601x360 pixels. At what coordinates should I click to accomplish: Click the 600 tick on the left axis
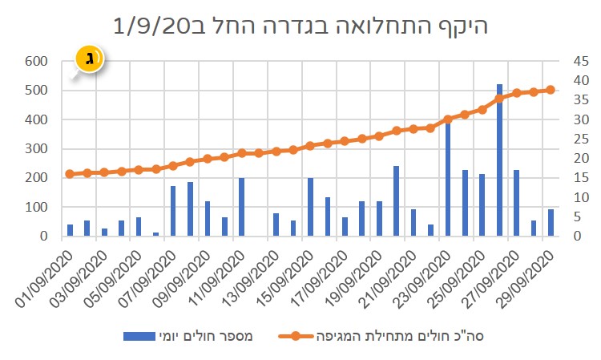36,61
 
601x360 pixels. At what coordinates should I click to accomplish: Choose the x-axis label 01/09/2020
47,277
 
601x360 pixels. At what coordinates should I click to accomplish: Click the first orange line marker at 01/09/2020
70,174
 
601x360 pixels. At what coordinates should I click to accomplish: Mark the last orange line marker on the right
551,90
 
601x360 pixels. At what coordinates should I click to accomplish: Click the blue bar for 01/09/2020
70,230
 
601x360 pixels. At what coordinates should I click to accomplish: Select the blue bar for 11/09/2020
241,207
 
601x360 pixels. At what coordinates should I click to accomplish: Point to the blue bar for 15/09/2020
310,207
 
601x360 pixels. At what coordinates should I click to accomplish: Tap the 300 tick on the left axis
36,148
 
